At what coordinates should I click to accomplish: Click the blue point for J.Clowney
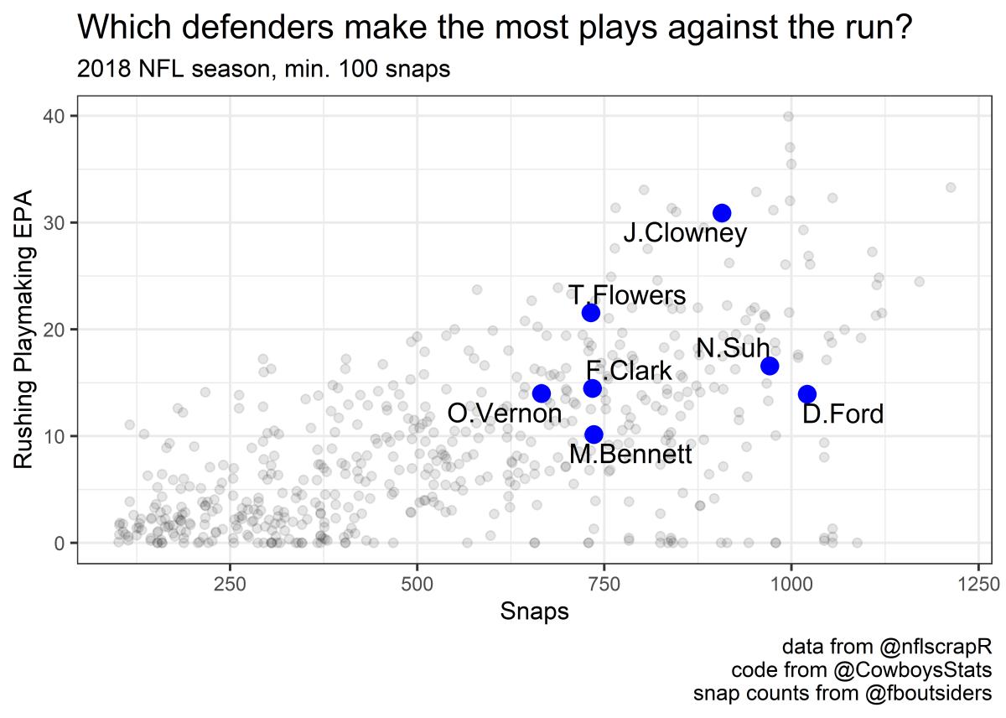point(722,213)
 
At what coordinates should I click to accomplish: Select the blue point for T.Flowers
point(591,313)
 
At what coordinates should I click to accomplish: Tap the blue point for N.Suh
point(770,366)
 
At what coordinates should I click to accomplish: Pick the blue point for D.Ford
point(807,394)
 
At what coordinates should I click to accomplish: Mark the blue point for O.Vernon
point(542,393)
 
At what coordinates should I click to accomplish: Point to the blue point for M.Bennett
point(594,434)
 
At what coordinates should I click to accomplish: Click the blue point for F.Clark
point(593,388)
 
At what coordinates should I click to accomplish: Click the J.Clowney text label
point(685,234)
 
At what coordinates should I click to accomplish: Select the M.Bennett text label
point(630,455)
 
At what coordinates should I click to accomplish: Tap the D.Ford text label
point(843,414)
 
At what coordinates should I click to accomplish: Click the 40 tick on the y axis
point(60,116)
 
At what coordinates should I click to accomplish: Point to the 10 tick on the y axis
point(60,436)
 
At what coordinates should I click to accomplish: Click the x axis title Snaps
point(535,611)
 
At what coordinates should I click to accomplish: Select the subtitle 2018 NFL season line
point(264,70)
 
